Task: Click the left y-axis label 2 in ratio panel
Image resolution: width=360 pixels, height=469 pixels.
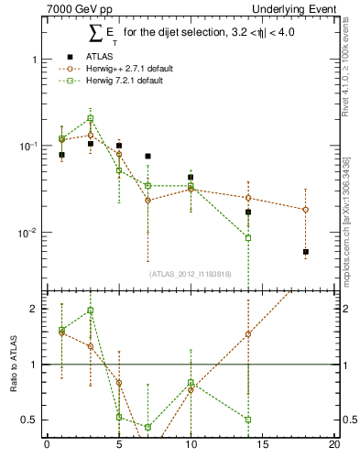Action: [35, 309]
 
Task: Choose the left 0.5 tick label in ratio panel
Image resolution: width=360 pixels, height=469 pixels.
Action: [30, 420]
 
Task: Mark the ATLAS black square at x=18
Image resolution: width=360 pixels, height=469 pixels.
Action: [306, 252]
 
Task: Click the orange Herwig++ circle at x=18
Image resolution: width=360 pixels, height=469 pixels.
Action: [306, 210]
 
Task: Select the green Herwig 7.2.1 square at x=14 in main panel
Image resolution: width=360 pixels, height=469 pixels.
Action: [248, 238]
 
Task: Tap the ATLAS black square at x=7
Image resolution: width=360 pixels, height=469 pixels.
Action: [147, 157]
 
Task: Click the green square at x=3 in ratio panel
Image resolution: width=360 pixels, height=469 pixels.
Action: [90, 311]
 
